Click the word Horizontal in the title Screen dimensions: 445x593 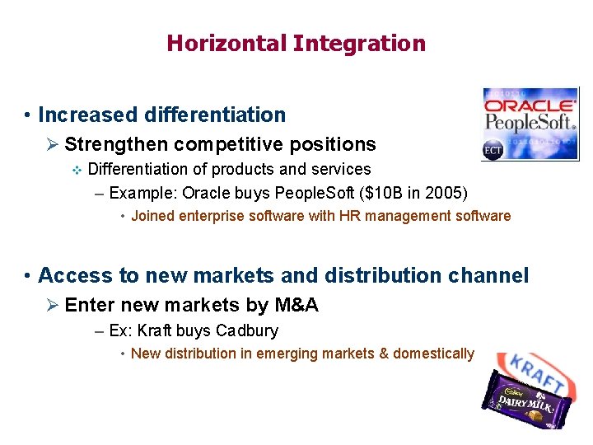(226, 43)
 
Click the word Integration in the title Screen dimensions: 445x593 (359, 43)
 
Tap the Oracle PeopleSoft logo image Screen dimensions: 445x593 (530, 124)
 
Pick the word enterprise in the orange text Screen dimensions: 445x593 (204, 216)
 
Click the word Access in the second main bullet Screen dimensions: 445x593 (72, 275)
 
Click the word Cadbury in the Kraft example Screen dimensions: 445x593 (247, 330)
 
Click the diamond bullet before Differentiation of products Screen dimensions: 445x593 (77, 170)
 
